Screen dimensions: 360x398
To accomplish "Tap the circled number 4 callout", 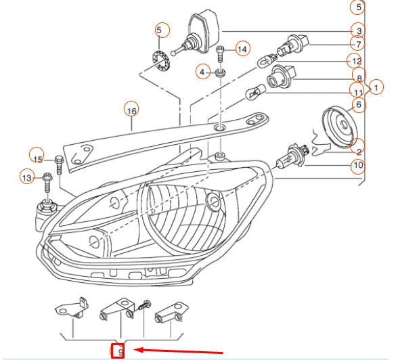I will click(202, 71).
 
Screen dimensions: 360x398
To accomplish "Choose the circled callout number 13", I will click(27, 177).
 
